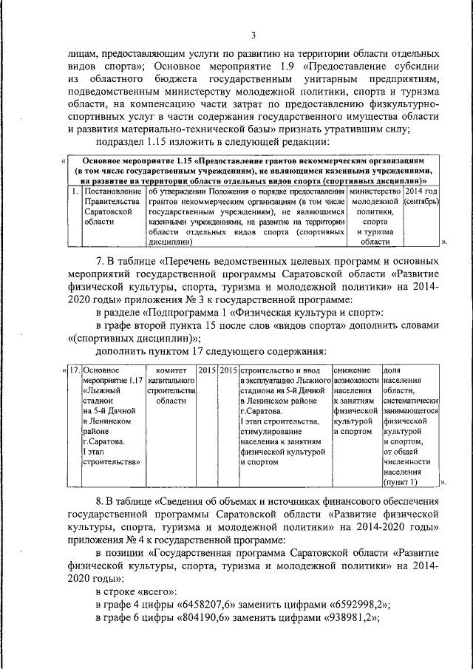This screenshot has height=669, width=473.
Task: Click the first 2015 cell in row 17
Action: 206,369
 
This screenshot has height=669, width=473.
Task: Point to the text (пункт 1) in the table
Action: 400,482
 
